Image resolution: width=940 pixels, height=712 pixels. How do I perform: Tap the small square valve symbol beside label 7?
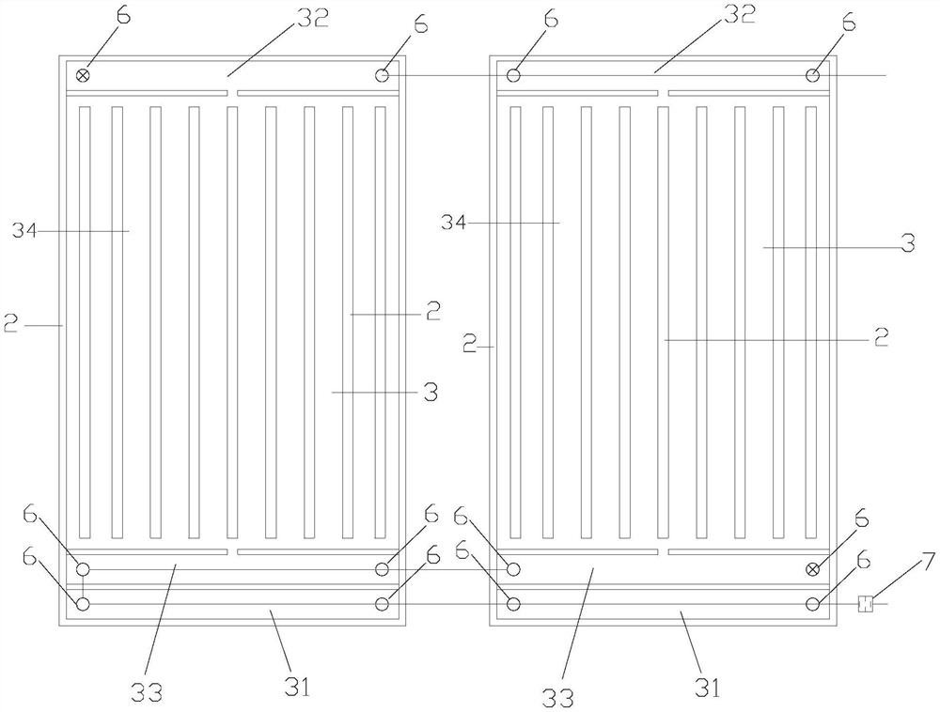867,604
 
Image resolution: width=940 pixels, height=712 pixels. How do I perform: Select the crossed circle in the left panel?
83,75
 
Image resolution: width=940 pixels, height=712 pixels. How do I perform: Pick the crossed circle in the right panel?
813,569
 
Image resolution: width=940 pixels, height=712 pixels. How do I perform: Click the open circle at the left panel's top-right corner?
383,75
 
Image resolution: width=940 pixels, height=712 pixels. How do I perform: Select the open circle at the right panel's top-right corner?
813,75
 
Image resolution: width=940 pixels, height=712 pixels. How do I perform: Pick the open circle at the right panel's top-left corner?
514,75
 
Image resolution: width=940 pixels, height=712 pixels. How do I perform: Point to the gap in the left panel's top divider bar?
232,93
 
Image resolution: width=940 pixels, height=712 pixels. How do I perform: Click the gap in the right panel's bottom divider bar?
663,551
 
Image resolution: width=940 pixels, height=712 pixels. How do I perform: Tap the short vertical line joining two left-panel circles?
83,586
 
